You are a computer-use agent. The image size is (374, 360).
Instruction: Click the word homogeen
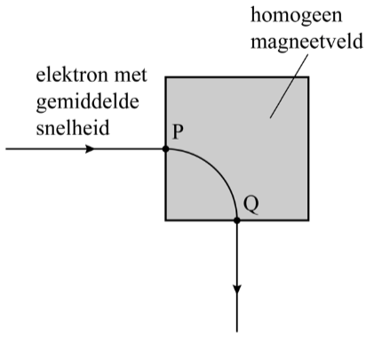(297, 16)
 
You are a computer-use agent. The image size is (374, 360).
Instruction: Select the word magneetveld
(306, 41)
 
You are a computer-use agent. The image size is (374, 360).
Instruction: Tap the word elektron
(72, 76)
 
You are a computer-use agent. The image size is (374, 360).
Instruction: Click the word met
(131, 76)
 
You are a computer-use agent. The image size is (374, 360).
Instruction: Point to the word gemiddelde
(88, 102)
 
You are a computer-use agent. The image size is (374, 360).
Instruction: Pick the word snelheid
(73, 128)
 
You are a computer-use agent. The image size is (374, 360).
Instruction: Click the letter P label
(178, 132)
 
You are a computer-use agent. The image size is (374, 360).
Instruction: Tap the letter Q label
(251, 204)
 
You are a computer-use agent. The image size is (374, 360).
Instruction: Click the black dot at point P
(166, 149)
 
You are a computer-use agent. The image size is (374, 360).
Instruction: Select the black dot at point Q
(236, 220)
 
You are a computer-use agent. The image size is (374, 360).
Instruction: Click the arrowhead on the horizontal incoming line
(90, 149)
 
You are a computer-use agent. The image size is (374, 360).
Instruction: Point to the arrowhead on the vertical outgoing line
(237, 290)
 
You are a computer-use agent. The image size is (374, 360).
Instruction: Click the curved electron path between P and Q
(217, 170)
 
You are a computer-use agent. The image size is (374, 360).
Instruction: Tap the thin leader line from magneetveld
(289, 86)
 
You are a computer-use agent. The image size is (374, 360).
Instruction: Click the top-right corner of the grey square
(309, 77)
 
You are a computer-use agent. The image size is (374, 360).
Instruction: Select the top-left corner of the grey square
(165, 77)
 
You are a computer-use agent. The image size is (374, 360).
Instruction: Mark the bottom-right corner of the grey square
(309, 220)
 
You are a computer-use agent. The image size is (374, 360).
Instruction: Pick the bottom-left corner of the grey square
(165, 220)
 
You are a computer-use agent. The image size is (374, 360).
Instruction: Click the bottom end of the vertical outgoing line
(237, 332)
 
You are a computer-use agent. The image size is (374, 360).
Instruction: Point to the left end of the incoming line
(6, 149)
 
